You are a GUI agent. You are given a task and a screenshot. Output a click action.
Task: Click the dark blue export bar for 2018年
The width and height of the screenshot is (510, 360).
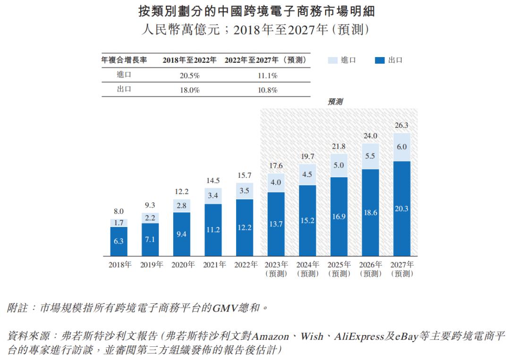119,242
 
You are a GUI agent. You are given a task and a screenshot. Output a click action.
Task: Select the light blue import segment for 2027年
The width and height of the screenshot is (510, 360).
401,147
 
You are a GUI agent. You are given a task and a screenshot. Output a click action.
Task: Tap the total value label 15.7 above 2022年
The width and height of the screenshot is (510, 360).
245,175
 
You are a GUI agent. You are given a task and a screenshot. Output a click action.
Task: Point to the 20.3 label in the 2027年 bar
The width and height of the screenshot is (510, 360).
401,209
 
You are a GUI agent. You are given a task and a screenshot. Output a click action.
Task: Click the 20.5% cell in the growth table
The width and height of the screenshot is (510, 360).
189,75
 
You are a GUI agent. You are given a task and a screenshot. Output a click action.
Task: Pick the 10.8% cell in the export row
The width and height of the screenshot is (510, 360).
267,90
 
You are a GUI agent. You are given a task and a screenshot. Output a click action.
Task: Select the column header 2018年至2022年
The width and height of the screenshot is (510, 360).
189,60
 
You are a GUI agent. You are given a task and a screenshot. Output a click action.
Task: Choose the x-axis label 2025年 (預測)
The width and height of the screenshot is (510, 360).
339,269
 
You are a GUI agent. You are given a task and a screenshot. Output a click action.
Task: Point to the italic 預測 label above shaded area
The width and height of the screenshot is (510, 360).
335,101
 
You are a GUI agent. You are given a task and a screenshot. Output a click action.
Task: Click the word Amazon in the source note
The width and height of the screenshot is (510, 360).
270,336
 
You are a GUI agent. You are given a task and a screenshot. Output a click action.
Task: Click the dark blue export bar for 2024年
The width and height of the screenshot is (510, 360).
307,220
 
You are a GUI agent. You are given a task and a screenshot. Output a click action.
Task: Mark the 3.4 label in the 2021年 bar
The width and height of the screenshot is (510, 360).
213,195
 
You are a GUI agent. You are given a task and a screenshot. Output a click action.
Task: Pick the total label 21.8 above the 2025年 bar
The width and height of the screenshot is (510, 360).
339,147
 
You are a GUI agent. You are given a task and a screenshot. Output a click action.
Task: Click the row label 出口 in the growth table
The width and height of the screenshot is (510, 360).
124,90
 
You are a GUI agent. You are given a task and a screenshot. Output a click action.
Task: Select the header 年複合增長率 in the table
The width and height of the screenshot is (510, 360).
124,60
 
